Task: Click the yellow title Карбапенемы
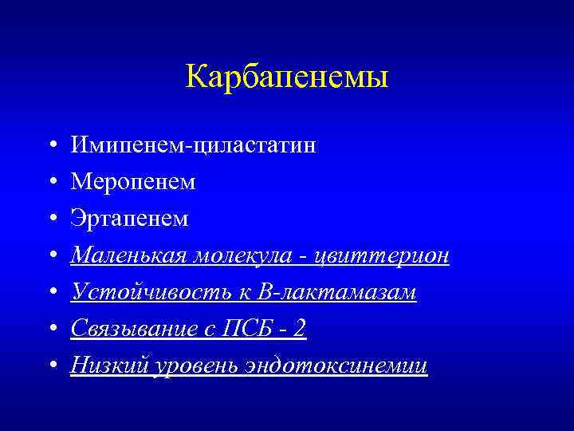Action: pos(287,77)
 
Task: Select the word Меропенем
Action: pos(133,182)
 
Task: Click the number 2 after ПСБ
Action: pos(300,329)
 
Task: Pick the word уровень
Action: pos(185,366)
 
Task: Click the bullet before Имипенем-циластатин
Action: pos(50,146)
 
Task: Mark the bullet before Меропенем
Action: pos(50,183)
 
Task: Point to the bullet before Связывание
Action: pos(50,330)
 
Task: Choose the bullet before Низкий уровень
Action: pos(50,366)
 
